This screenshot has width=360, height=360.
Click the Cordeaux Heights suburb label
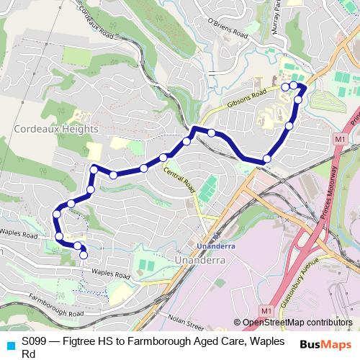pos(55,129)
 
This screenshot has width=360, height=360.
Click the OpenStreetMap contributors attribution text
pos(297,323)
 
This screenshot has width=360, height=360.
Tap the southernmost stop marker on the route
pos(84,254)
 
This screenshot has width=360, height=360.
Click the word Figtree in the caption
pos(79,341)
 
